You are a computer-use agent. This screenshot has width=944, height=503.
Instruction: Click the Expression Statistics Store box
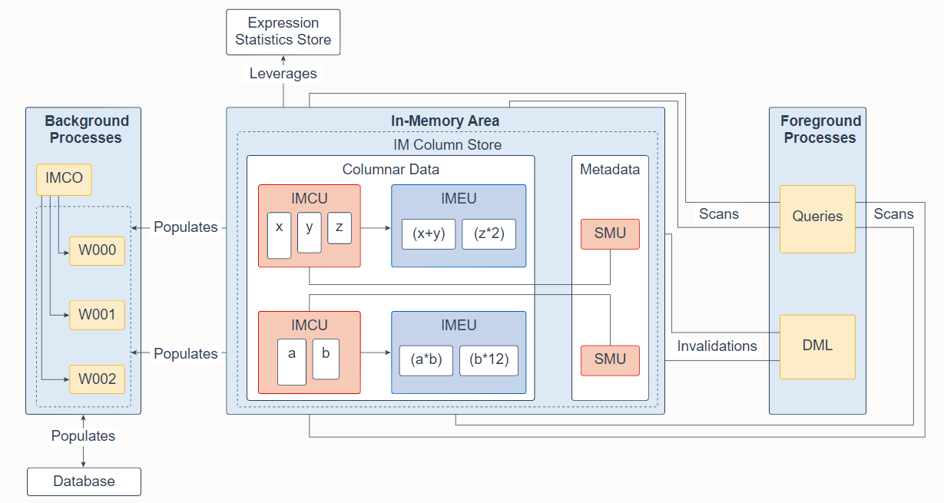click(x=283, y=32)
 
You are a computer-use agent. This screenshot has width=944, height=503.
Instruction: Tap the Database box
click(x=84, y=481)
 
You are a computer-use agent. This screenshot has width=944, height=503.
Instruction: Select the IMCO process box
click(x=64, y=180)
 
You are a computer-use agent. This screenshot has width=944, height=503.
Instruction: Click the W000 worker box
click(x=97, y=251)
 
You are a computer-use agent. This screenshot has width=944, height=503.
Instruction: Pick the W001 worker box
click(x=97, y=315)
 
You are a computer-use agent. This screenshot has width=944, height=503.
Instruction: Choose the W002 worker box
click(x=97, y=379)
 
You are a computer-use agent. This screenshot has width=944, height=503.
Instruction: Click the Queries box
click(x=817, y=219)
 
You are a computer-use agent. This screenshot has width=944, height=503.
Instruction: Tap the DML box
click(x=817, y=347)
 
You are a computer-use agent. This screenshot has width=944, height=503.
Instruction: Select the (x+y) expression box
click(x=429, y=234)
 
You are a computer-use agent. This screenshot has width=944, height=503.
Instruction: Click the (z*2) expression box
click(x=489, y=234)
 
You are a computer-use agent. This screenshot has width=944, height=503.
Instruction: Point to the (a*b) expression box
click(x=426, y=361)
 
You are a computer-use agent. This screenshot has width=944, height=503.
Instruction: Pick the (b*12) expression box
click(x=489, y=361)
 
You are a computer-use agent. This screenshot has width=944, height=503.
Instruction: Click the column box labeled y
click(x=310, y=233)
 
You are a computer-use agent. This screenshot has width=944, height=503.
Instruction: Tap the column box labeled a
click(x=292, y=362)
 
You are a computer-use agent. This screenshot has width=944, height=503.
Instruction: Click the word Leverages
click(x=283, y=74)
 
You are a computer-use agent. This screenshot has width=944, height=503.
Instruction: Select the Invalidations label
click(x=717, y=346)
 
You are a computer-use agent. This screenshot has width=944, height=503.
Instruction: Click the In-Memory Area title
click(x=445, y=121)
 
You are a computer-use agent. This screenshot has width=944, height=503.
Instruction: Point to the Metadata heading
click(x=610, y=170)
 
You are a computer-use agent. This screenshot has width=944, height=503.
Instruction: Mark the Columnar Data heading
click(x=391, y=170)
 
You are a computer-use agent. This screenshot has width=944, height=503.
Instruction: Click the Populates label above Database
click(x=83, y=436)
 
